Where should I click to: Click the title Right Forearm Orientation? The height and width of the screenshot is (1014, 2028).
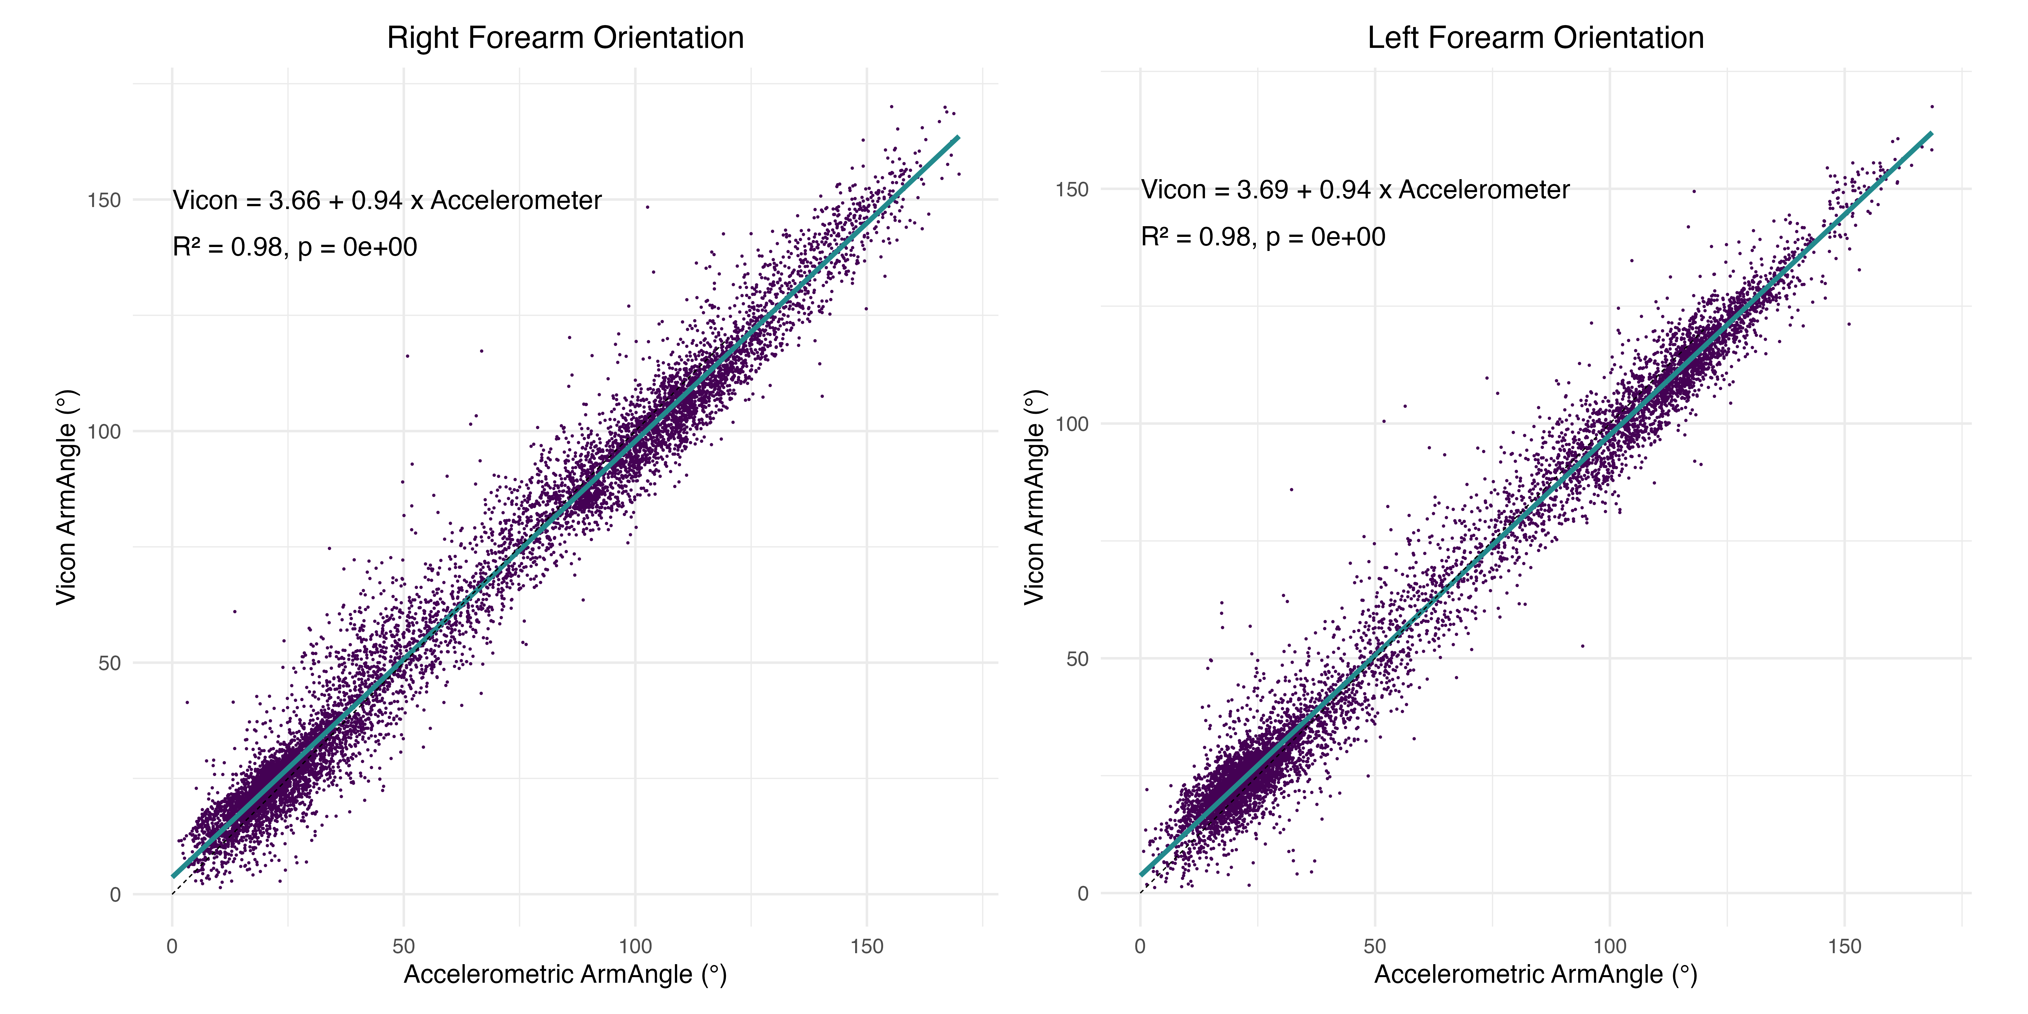click(565, 38)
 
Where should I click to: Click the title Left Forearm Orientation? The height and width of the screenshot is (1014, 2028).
click(1535, 38)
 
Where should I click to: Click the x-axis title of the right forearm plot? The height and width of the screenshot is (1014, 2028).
click(565, 975)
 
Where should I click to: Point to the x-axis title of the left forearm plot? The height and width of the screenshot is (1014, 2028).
click(1535, 975)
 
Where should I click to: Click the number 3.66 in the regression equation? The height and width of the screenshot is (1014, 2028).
click(294, 201)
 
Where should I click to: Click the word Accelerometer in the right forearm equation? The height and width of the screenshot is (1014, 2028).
click(516, 201)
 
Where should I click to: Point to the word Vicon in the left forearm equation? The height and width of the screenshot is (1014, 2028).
click(1173, 190)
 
